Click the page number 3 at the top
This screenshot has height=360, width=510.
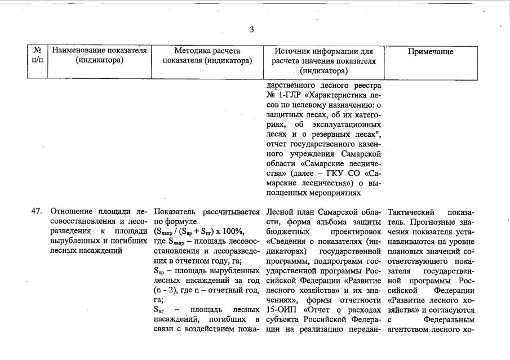click(251, 30)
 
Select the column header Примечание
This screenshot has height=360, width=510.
click(431, 51)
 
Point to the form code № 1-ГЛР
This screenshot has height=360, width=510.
click(285, 95)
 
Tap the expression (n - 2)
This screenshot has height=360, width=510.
click(167, 290)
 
